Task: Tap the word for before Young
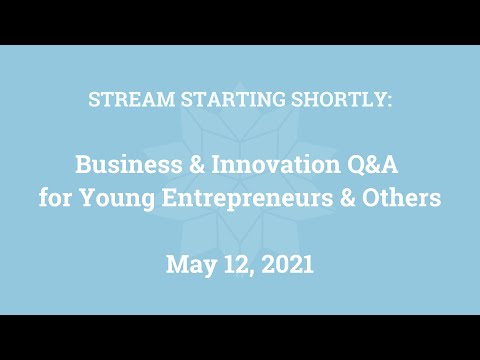(x=55, y=198)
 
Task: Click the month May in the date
(x=187, y=265)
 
